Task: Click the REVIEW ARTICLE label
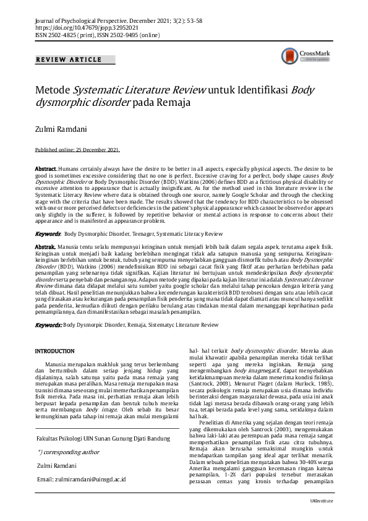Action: pyautogui.click(x=69, y=59)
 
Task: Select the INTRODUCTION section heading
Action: pyautogui.click(x=56, y=351)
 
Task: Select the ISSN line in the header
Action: pyautogui.click(x=97, y=35)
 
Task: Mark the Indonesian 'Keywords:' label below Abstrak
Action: pyautogui.click(x=48, y=324)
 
